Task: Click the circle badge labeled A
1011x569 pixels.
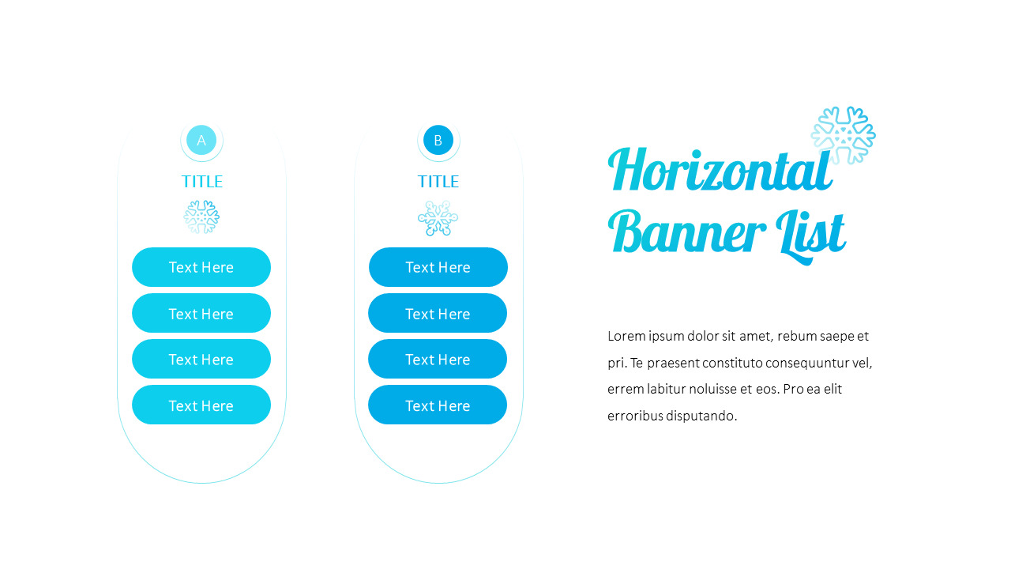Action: click(x=201, y=140)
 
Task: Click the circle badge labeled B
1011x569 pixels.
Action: click(x=438, y=140)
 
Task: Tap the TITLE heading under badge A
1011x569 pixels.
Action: click(x=202, y=182)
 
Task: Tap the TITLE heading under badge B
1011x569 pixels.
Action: click(x=438, y=182)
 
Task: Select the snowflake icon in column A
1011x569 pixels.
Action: click(x=201, y=217)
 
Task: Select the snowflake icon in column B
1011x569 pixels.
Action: click(x=438, y=217)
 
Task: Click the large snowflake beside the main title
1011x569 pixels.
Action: click(x=843, y=135)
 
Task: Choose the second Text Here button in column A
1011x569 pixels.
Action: click(x=201, y=313)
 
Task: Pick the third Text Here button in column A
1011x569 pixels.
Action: click(x=201, y=359)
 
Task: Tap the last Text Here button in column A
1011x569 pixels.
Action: click(x=201, y=405)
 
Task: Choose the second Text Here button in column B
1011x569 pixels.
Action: click(x=438, y=313)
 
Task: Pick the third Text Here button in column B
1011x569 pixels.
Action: click(x=438, y=359)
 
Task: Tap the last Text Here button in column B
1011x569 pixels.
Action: click(x=438, y=405)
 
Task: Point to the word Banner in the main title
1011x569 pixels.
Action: click(x=686, y=232)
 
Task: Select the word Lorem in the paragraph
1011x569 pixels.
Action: click(x=626, y=336)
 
